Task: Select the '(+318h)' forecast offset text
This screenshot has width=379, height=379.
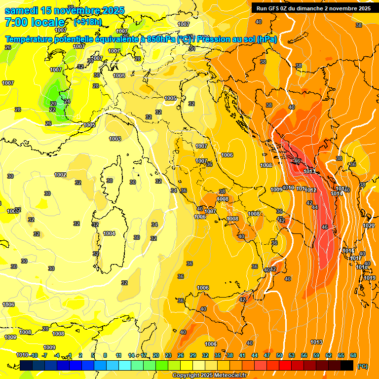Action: point(87,22)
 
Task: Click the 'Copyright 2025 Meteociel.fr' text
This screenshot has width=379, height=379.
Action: point(209,376)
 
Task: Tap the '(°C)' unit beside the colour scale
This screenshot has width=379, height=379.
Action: point(363,366)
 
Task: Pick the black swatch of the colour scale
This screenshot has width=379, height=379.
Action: point(347,365)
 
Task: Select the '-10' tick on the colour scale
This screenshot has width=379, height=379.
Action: point(34,355)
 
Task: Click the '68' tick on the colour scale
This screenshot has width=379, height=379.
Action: point(353,355)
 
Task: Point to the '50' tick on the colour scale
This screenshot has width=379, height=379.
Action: point(279,355)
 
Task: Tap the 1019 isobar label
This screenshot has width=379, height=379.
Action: point(370,278)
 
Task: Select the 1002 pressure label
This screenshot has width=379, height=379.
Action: point(60,175)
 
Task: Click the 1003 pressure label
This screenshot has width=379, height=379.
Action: point(115,139)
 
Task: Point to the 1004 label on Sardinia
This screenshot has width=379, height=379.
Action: point(109,233)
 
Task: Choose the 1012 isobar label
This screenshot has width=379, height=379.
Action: point(310,190)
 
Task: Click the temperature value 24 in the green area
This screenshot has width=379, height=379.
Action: point(67,101)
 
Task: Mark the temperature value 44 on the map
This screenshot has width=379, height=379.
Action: point(315,207)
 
